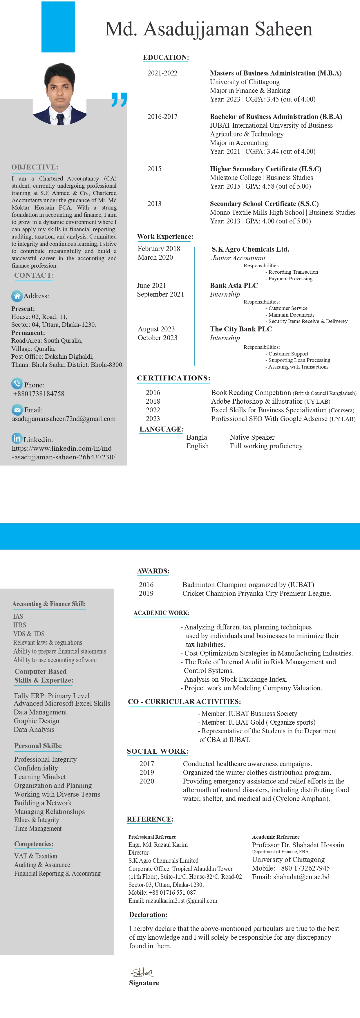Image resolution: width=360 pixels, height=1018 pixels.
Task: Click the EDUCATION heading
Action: point(166,57)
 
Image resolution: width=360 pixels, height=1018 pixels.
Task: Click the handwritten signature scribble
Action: point(143,972)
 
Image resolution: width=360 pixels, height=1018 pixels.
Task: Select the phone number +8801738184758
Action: point(39,394)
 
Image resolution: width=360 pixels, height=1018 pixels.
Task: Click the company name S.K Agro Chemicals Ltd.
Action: point(250,249)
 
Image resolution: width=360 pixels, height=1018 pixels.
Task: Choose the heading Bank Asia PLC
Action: point(234,285)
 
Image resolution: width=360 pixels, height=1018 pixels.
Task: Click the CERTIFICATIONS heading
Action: point(173,378)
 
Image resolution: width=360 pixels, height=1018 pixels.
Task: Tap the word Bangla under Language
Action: point(197,437)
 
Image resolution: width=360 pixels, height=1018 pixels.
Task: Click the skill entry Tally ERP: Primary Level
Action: point(51,696)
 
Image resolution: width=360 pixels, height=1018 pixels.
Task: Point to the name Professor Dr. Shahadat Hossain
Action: point(298,845)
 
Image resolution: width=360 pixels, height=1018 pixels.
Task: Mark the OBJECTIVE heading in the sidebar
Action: point(35,167)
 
